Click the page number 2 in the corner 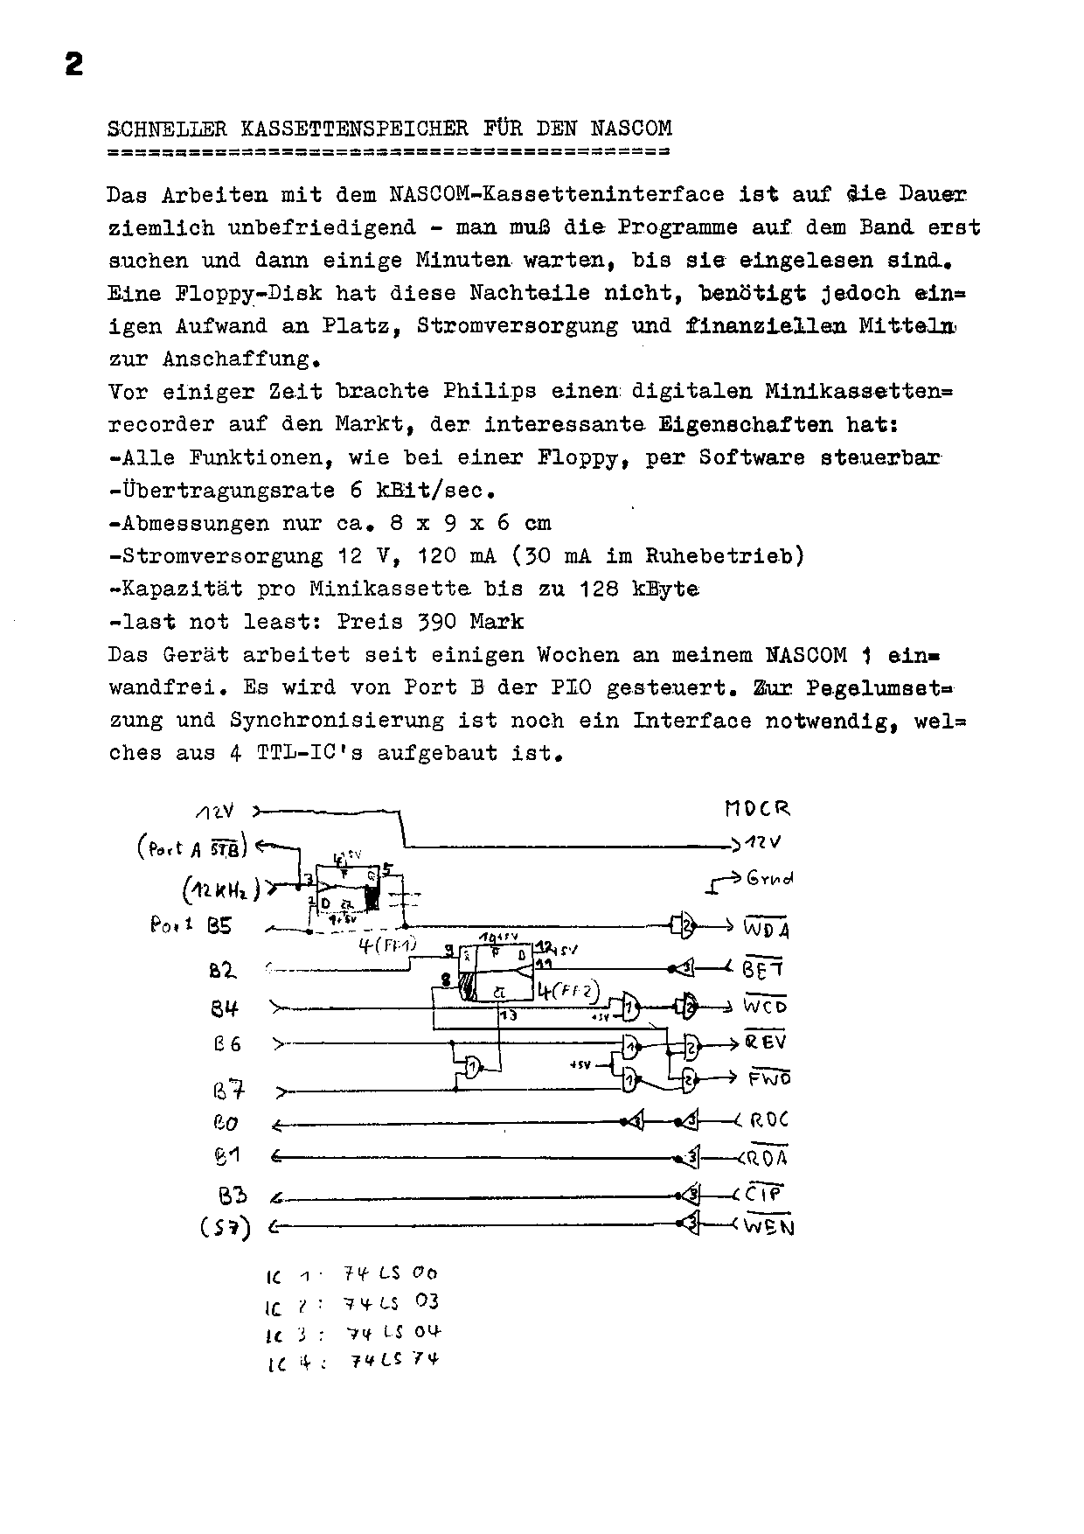tap(73, 65)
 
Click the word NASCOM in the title tap(631, 129)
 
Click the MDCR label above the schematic tap(757, 809)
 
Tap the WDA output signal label tap(766, 929)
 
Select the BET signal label tap(763, 969)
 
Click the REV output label tap(765, 1042)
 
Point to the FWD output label tap(768, 1078)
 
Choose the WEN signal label tap(768, 1226)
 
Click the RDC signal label tap(768, 1120)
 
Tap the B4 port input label tap(224, 1008)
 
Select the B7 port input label tap(228, 1091)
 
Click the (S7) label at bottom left tap(224, 1228)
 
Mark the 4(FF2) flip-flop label tap(568, 992)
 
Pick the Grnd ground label tap(770, 878)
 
